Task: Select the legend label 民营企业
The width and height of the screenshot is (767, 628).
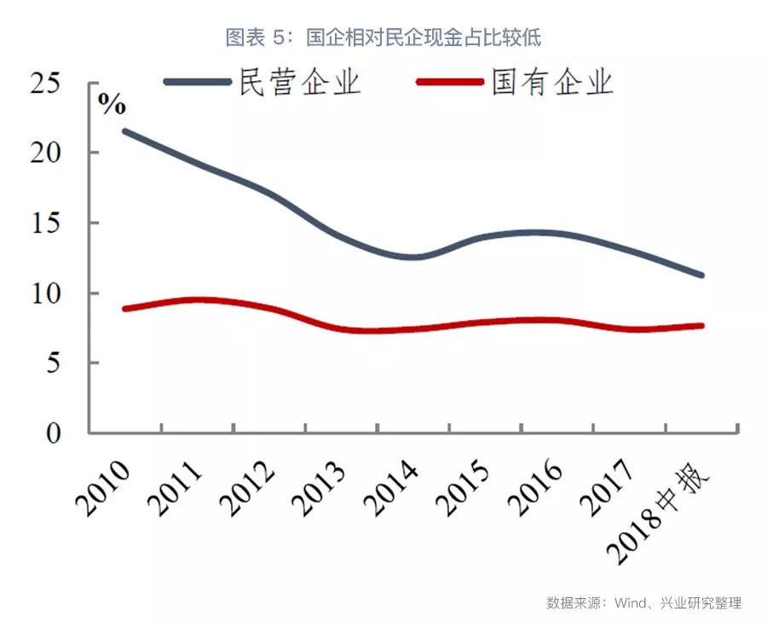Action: (x=300, y=84)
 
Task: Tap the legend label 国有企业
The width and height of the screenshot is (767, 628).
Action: (x=552, y=84)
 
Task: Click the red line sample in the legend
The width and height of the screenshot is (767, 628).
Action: (x=450, y=83)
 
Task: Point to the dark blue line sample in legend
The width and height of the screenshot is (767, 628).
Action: (x=198, y=83)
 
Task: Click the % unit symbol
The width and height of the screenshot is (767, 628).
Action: (x=111, y=106)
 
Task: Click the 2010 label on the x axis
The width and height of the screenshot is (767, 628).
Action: (x=102, y=489)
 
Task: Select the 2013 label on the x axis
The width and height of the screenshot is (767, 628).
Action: (x=318, y=489)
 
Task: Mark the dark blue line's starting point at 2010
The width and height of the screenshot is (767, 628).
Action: (x=125, y=131)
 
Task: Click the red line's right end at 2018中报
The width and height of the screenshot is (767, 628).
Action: (x=701, y=325)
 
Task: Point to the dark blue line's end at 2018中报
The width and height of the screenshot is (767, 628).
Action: (x=701, y=276)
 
